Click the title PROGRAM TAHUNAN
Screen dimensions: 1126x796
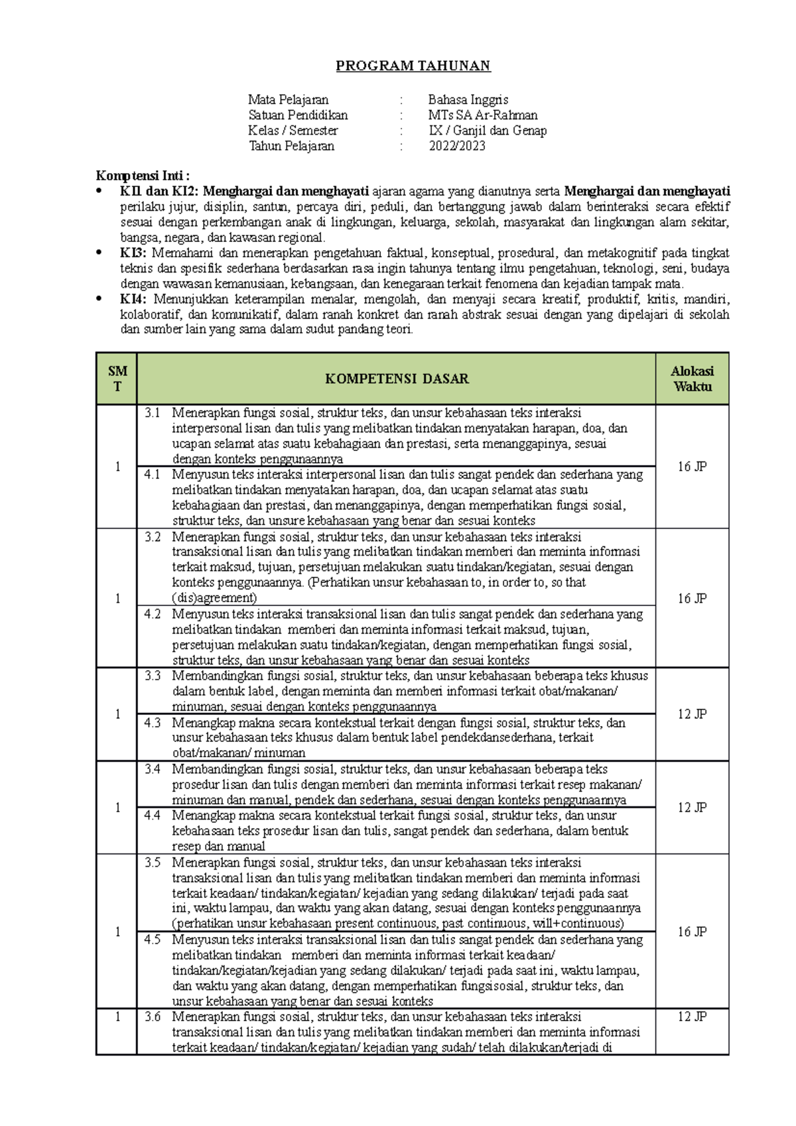pos(413,66)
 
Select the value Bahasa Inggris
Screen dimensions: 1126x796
pos(468,99)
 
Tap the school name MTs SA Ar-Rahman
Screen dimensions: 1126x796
pos(482,115)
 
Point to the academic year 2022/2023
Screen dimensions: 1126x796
pos(456,146)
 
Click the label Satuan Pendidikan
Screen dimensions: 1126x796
pos(298,115)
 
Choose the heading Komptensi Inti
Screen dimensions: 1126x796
pos(143,176)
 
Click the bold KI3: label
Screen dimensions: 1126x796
pos(134,253)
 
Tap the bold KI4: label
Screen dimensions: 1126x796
pos(134,299)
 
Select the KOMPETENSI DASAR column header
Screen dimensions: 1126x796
pos(396,379)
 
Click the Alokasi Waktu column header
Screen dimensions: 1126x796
pos(692,379)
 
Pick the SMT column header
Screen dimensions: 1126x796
pos(117,379)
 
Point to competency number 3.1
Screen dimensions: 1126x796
pos(153,412)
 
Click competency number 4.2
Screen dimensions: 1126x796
pos(153,614)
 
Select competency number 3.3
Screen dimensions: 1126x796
pos(153,676)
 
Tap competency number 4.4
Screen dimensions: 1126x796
pos(153,815)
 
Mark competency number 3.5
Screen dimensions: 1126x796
pos(153,862)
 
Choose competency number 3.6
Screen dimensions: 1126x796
pos(153,1017)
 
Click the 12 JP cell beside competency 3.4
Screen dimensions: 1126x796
pos(692,807)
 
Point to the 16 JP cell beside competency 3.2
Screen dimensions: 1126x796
pos(692,598)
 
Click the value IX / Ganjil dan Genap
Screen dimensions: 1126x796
pos(488,131)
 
